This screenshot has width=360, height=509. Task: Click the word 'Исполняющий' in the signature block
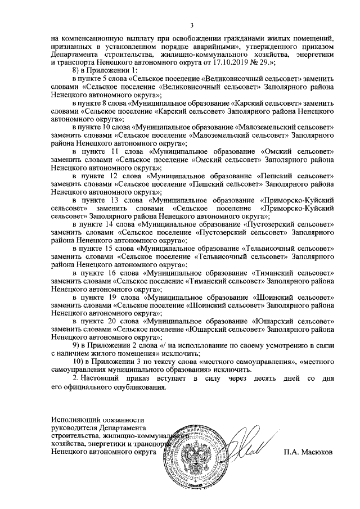click(75, 419)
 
